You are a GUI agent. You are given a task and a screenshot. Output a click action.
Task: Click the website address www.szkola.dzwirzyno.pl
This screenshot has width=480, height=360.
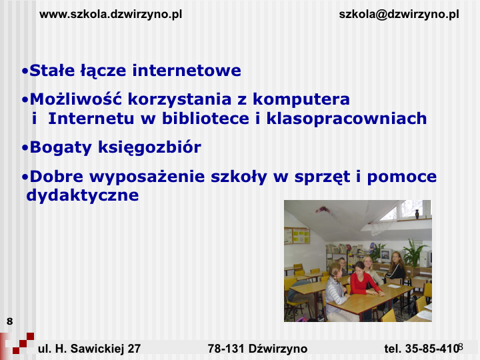[x=111, y=15]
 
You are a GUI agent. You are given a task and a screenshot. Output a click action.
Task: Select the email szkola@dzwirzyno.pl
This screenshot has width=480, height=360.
[x=399, y=15]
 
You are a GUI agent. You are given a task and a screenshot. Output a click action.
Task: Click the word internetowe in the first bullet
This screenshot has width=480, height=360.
[x=187, y=70]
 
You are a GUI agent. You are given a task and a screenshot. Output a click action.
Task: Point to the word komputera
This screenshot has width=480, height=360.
[x=301, y=99]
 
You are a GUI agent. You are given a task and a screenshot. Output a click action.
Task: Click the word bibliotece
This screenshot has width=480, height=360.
[x=206, y=118]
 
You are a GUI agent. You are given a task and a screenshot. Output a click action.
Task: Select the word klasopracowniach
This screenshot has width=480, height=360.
[x=347, y=119]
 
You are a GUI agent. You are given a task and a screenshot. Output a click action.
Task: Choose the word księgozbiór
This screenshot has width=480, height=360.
[x=150, y=147]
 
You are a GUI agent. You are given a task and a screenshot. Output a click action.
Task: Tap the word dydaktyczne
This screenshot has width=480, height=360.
[x=83, y=195]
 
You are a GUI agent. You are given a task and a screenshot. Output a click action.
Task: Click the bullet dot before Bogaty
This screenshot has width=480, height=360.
[x=25, y=148]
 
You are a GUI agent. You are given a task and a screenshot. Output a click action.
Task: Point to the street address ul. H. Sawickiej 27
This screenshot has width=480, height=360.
[x=89, y=349]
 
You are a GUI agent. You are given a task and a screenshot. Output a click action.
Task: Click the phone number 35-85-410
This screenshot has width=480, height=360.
[x=433, y=349]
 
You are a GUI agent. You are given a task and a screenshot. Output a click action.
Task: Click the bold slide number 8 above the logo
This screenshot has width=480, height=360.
[x=10, y=321]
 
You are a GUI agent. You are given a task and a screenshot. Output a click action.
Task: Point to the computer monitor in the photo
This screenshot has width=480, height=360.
[x=386, y=255]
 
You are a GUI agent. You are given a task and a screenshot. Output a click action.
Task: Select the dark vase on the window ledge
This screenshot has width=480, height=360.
[x=417, y=214]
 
